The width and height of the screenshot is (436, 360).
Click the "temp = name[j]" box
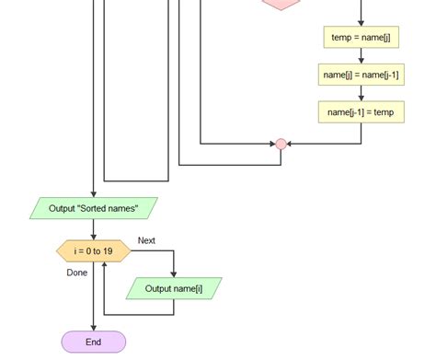pyautogui.click(x=361, y=37)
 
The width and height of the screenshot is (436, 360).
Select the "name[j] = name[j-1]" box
pyautogui.click(x=361, y=75)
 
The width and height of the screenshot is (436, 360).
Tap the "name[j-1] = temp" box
pyautogui.click(x=361, y=112)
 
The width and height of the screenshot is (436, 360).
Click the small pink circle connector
pyautogui.click(x=281, y=145)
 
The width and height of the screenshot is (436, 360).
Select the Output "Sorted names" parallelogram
pyautogui.click(x=93, y=209)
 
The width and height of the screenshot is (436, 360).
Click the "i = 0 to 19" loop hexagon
pyautogui.click(x=93, y=250)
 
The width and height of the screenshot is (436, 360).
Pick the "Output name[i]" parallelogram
pyautogui.click(x=173, y=289)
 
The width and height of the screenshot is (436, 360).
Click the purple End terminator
pyautogui.click(x=93, y=342)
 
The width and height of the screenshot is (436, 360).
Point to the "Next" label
pyautogui.click(x=146, y=241)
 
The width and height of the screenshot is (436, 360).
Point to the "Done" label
pyautogui.click(x=77, y=273)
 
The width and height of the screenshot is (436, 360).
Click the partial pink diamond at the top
pyautogui.click(x=281, y=5)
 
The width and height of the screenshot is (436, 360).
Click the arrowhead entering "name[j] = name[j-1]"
pyautogui.click(x=361, y=60)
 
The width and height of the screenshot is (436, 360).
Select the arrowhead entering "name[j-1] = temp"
pyautogui.click(x=361, y=98)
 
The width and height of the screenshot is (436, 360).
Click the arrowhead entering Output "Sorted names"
pyautogui.click(x=93, y=194)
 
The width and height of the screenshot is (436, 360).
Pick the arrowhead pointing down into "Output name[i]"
pyautogui.click(x=173, y=274)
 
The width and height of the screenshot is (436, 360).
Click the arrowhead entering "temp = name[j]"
pyautogui.click(x=361, y=22)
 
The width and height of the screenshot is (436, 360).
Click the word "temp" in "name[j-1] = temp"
pyautogui.click(x=383, y=112)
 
